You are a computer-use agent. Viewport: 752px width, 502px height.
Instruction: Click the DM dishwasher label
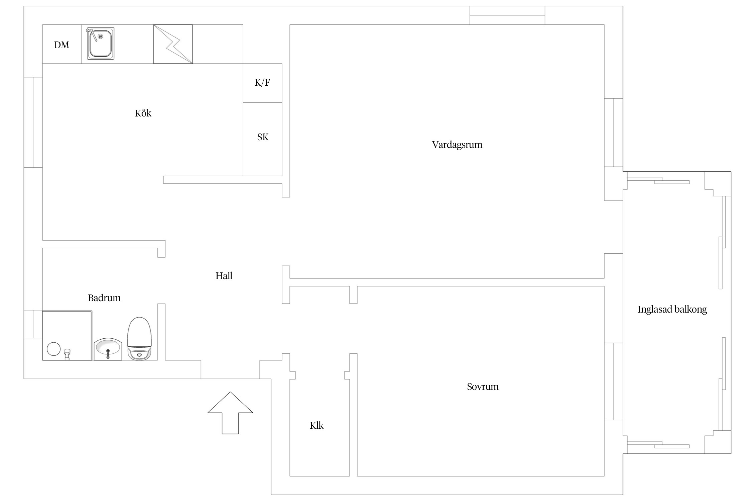tap(61, 45)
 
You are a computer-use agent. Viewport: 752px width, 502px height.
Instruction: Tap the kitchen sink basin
tap(101, 44)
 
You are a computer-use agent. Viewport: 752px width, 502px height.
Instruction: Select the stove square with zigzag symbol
tap(173, 44)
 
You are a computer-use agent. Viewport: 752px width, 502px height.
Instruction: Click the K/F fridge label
tap(262, 82)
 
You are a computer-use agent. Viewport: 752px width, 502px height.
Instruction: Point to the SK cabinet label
tap(263, 137)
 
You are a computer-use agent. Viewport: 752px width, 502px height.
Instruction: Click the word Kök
tap(143, 113)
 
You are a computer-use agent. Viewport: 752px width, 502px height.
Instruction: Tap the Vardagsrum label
tap(457, 145)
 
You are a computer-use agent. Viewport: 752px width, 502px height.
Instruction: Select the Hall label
tap(224, 276)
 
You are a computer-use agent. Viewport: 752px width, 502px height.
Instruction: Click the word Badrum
tap(104, 298)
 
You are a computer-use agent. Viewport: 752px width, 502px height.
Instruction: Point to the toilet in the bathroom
tap(140, 338)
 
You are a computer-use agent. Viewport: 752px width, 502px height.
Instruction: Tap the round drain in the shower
tap(53, 349)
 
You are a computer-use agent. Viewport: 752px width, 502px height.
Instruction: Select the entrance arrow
tap(230, 413)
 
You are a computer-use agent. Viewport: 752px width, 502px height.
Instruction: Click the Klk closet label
tap(317, 425)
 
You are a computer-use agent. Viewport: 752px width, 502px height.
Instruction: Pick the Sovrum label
tap(483, 387)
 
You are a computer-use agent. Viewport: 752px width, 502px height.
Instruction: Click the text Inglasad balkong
tap(672, 310)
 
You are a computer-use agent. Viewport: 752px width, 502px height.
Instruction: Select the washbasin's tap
tap(108, 354)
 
